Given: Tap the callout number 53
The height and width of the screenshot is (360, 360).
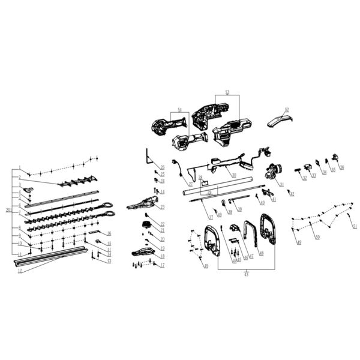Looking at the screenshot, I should click(x=227, y=92).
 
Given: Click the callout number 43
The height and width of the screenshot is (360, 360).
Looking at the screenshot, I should click(x=247, y=274).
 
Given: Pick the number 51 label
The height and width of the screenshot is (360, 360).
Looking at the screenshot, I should click(x=355, y=227).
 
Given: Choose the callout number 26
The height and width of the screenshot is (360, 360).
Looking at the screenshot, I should click(x=163, y=166).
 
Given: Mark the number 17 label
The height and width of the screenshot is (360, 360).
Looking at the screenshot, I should click(x=162, y=265).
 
